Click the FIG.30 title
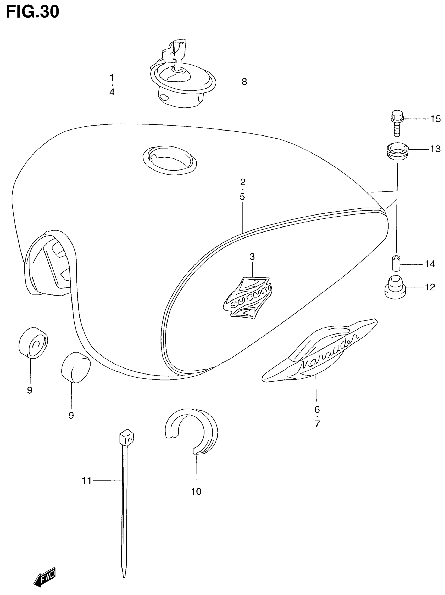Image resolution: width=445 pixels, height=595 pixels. [x=32, y=12]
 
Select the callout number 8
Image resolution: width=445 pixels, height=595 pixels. [x=244, y=82]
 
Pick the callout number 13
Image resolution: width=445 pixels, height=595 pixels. [x=435, y=149]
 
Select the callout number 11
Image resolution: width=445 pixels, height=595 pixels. [x=87, y=481]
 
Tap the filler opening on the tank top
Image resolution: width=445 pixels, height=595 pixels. [x=170, y=160]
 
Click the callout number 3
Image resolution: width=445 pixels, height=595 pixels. [x=252, y=257]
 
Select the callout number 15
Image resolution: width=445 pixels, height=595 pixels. [x=435, y=119]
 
